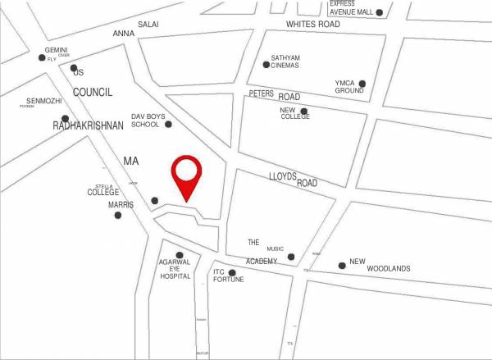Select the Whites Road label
pos(312,25)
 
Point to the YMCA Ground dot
pos(362,83)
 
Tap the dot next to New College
pos(304,112)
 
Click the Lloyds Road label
pos(293,180)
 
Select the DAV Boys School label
pos(148,121)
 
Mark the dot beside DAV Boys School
pos(168,124)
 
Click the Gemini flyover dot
pos(43,57)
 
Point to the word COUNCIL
pos(93,93)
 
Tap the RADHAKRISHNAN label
pos(88,125)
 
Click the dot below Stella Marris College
pos(117,215)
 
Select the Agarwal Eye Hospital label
pos(175,269)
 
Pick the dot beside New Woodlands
pos(342,265)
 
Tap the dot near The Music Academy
pos(291,257)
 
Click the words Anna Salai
pos(135,29)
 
